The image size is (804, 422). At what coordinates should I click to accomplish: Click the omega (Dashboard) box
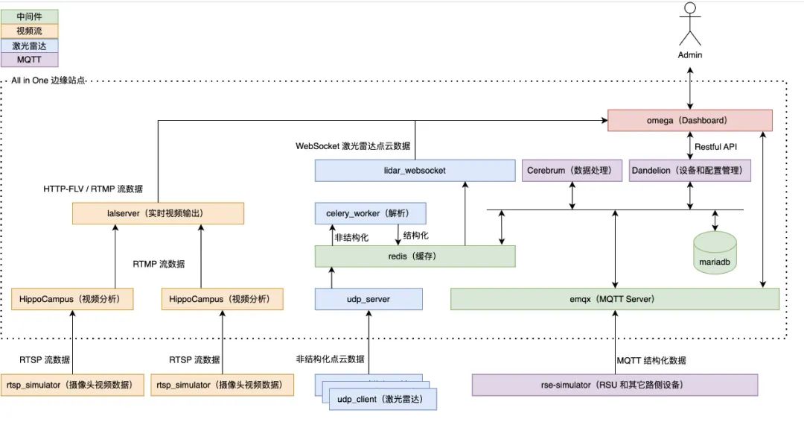tap(689, 120)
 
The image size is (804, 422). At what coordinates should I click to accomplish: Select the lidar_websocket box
tap(415, 171)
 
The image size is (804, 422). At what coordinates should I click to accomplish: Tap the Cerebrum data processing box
tap(572, 171)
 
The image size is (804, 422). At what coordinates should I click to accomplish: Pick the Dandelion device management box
tap(689, 171)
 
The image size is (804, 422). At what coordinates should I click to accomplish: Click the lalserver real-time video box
tap(158, 213)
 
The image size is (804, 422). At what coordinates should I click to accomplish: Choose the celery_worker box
tap(371, 213)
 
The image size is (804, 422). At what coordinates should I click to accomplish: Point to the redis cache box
tap(415, 256)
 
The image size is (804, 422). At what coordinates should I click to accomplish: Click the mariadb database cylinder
tap(715, 253)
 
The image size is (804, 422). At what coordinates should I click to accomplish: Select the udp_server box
tap(368, 300)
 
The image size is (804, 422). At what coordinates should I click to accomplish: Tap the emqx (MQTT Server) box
tap(615, 300)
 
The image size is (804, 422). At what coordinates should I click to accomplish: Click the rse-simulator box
tap(615, 385)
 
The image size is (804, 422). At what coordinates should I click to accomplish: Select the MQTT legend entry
tap(30, 60)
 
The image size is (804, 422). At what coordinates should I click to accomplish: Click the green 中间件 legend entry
tap(30, 16)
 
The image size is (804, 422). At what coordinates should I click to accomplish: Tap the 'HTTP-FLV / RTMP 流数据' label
tap(93, 189)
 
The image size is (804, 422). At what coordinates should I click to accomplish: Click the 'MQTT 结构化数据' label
tap(651, 360)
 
